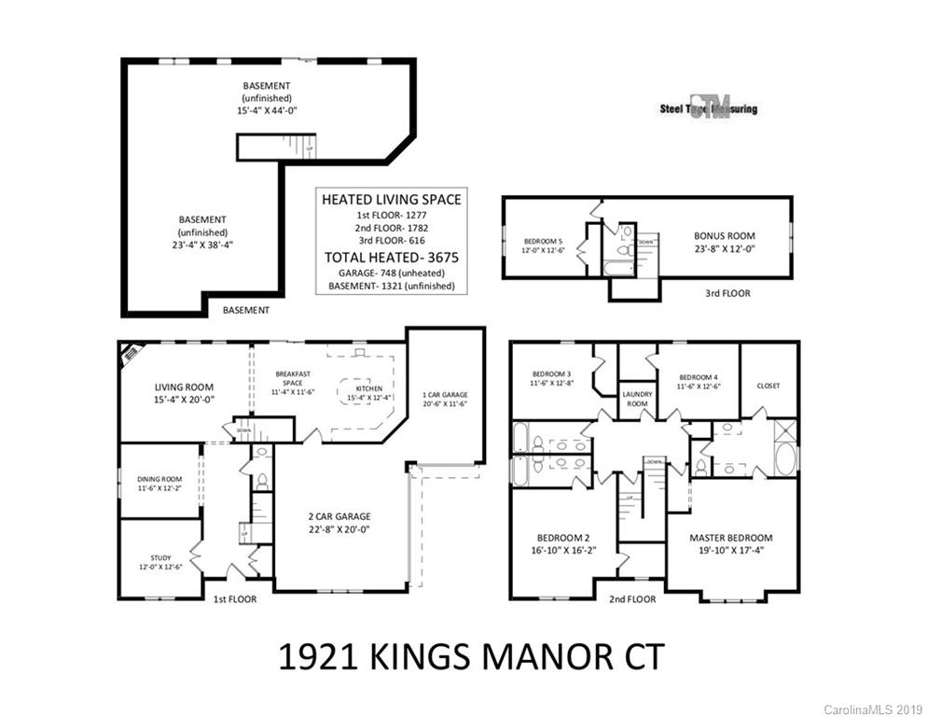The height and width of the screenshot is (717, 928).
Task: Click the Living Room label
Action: coord(184,387)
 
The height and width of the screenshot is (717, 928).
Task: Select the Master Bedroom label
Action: coord(730,538)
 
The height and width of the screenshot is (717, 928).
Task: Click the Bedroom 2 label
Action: coord(562,538)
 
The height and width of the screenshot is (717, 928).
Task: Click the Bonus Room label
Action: coord(724,236)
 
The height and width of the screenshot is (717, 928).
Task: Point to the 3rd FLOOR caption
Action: coord(727,293)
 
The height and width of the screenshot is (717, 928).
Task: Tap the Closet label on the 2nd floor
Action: coord(769,386)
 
